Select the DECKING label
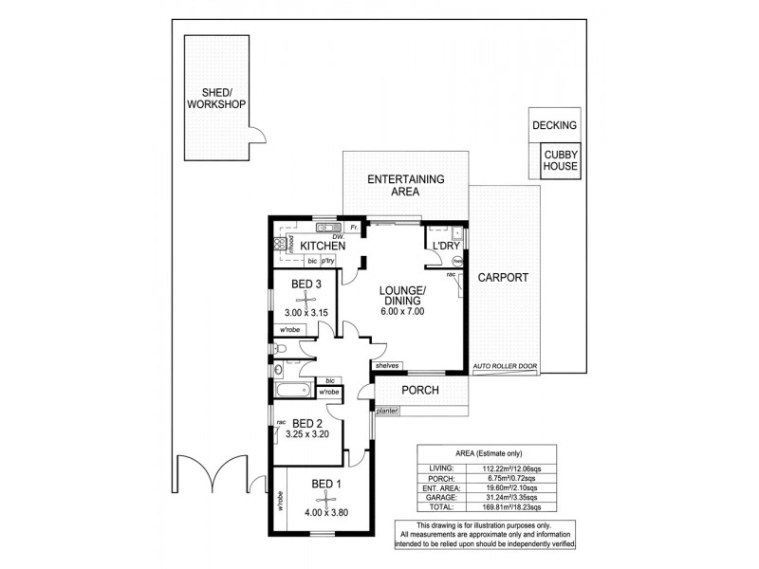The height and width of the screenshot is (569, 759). click(555, 125)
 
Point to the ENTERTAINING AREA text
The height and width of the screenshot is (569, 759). click(406, 185)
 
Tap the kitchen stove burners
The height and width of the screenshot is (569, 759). click(281, 244)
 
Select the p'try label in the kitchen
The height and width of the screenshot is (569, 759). click(329, 261)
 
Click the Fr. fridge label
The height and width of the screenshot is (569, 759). click(353, 229)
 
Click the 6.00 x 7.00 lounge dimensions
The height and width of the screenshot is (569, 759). click(402, 311)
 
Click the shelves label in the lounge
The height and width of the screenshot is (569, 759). click(386, 365)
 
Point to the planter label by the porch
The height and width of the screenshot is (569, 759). click(387, 412)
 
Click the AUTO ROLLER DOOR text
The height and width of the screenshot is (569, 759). click(504, 365)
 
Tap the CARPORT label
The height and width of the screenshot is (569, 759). click(504, 279)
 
